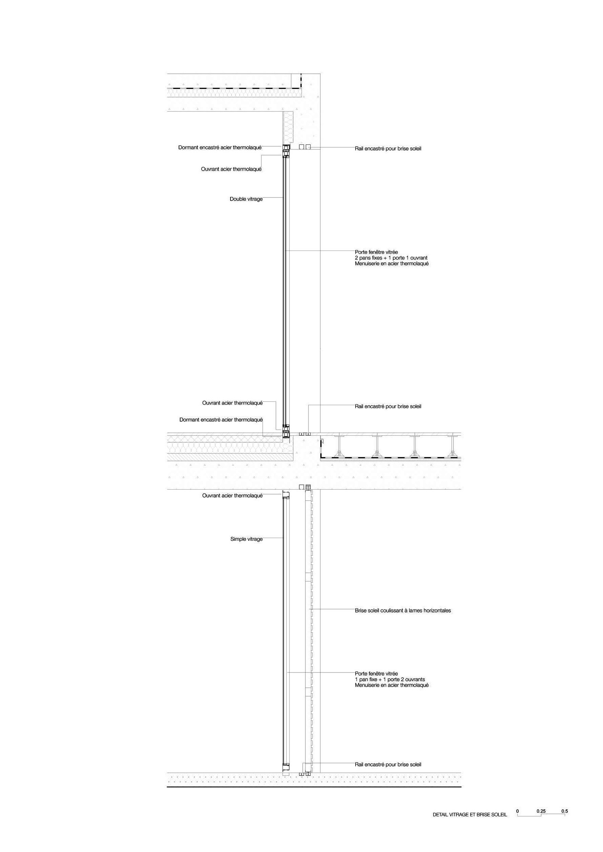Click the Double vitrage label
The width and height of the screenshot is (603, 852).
246,199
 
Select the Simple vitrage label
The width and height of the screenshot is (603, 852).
247,539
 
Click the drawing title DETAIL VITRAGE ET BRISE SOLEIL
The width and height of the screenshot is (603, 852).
470,815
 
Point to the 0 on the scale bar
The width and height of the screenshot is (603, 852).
518,811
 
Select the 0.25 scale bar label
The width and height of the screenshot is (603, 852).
541,811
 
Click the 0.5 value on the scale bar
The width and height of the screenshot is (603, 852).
564,811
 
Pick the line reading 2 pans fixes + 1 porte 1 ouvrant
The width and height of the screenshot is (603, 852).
391,258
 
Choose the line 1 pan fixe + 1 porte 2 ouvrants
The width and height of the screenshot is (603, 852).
390,679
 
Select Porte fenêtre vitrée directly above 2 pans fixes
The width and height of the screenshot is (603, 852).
376,252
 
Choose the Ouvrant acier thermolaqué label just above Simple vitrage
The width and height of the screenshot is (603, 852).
232,496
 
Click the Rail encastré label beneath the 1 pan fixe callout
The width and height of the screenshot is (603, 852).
388,765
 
